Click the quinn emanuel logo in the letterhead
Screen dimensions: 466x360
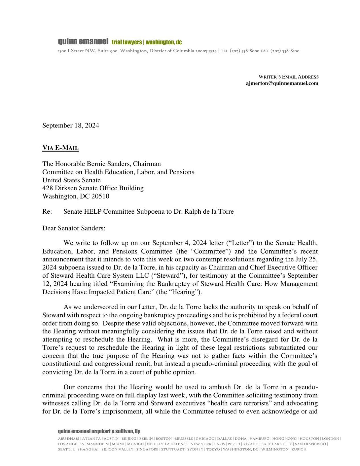(x=83, y=42)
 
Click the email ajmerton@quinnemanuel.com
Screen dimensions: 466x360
(x=282, y=83)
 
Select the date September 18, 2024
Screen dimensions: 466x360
(x=71, y=125)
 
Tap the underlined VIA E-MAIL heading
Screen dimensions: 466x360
(x=60, y=148)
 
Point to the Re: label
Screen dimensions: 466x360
(x=47, y=211)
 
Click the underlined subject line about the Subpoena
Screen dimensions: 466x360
(x=149, y=211)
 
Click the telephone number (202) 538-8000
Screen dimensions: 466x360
(x=244, y=51)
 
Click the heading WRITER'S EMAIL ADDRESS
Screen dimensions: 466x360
(x=288, y=77)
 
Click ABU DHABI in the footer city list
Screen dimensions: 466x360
(x=68, y=438)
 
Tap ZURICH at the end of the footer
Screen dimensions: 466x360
(x=299, y=449)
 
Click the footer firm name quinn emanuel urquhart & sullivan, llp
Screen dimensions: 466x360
(x=99, y=431)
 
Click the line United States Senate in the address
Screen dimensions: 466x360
(x=71, y=180)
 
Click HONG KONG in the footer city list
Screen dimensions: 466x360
(x=284, y=438)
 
